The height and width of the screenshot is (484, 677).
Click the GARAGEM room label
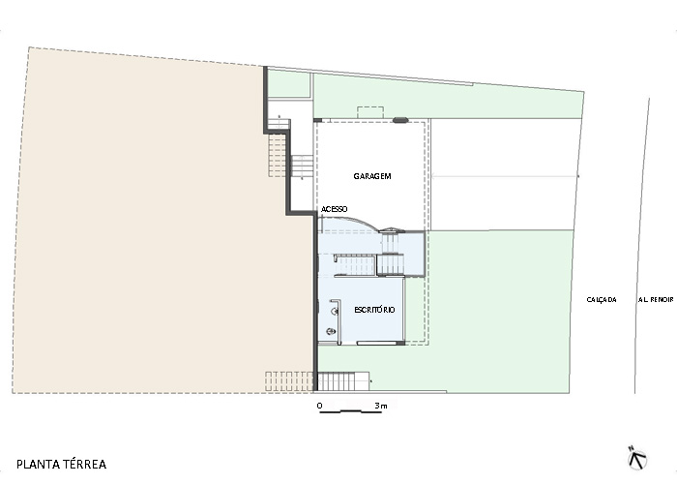tap(372, 176)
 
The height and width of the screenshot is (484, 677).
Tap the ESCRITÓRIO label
tap(374, 310)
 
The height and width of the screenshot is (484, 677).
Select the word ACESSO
tap(335, 209)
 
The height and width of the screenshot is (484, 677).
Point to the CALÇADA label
tap(602, 299)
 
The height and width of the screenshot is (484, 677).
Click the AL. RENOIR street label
tap(656, 299)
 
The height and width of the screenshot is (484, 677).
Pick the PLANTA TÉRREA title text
tap(61, 465)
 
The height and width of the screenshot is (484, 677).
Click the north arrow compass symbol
tap(637, 458)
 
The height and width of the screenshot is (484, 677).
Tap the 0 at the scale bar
tap(319, 406)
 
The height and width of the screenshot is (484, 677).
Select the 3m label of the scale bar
tap(381, 406)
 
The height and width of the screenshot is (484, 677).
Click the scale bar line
tap(350, 412)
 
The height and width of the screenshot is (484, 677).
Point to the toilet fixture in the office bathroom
tap(331, 332)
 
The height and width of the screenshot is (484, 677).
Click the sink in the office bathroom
tap(335, 311)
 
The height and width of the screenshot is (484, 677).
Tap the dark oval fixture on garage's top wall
tap(400, 120)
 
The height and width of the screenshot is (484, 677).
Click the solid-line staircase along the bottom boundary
tap(343, 381)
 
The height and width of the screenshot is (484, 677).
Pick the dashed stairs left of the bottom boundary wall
tap(289, 381)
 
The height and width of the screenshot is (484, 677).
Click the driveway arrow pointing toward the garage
tap(505, 176)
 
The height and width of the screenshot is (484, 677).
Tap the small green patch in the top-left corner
tap(289, 84)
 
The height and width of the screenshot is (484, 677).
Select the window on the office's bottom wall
tap(377, 343)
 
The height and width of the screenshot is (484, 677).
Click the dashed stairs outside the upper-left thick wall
tap(278, 154)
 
